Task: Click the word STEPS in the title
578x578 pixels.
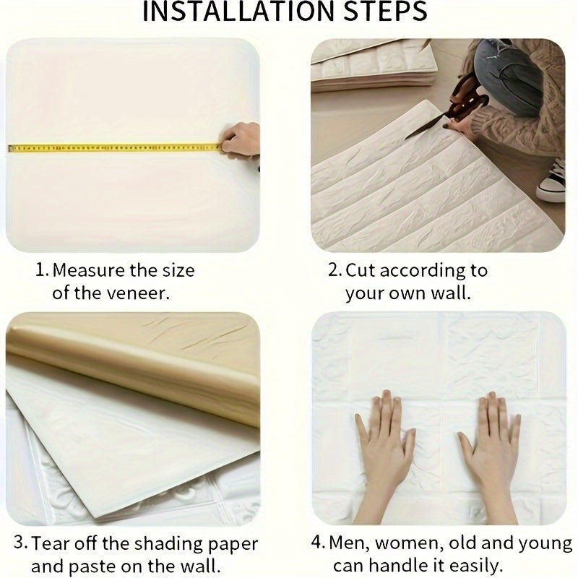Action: click(385, 11)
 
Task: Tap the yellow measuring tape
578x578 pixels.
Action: click(115, 148)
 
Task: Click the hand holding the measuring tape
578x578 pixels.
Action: click(241, 142)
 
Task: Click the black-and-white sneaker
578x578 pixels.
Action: click(551, 183)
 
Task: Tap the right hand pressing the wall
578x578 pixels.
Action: click(491, 442)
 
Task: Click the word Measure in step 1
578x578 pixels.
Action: click(88, 270)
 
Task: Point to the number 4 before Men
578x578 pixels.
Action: click(316, 543)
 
